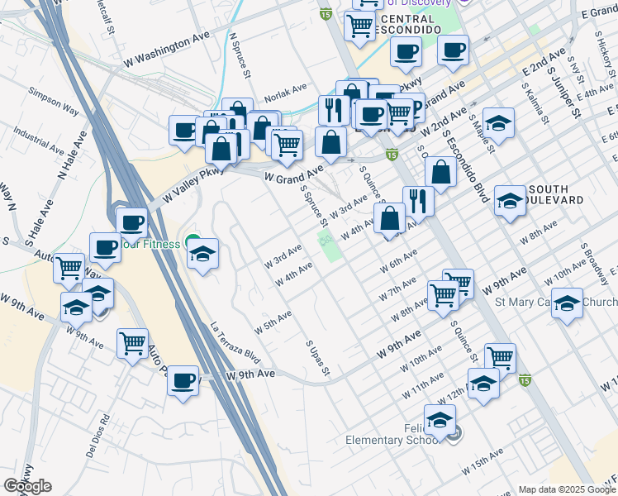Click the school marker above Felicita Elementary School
click(440, 418)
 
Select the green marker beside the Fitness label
click(193, 244)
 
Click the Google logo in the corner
click(27, 486)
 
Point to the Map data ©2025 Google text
click(567, 489)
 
